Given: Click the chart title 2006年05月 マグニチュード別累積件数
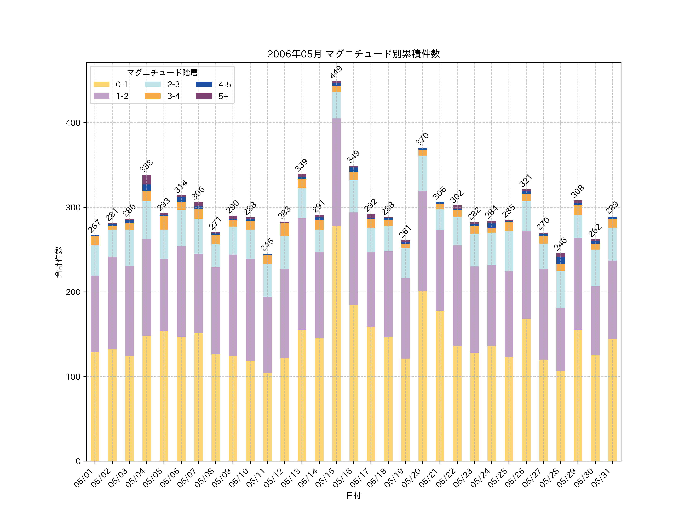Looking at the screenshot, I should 353,54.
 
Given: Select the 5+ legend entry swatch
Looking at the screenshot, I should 204,96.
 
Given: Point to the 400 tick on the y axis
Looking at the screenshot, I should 73,123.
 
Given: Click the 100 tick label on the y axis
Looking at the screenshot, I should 73,377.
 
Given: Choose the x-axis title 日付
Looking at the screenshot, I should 353,496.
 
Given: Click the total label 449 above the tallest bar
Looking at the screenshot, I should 336,72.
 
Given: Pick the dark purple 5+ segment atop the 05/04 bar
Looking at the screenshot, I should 147,180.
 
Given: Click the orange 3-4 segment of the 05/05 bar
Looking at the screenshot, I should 164,223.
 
